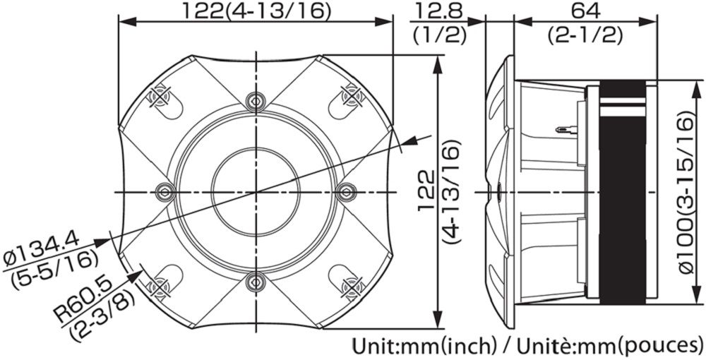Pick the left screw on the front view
164,191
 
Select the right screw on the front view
346,191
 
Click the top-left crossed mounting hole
160,95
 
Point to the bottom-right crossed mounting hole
349,287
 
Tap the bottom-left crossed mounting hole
160,287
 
